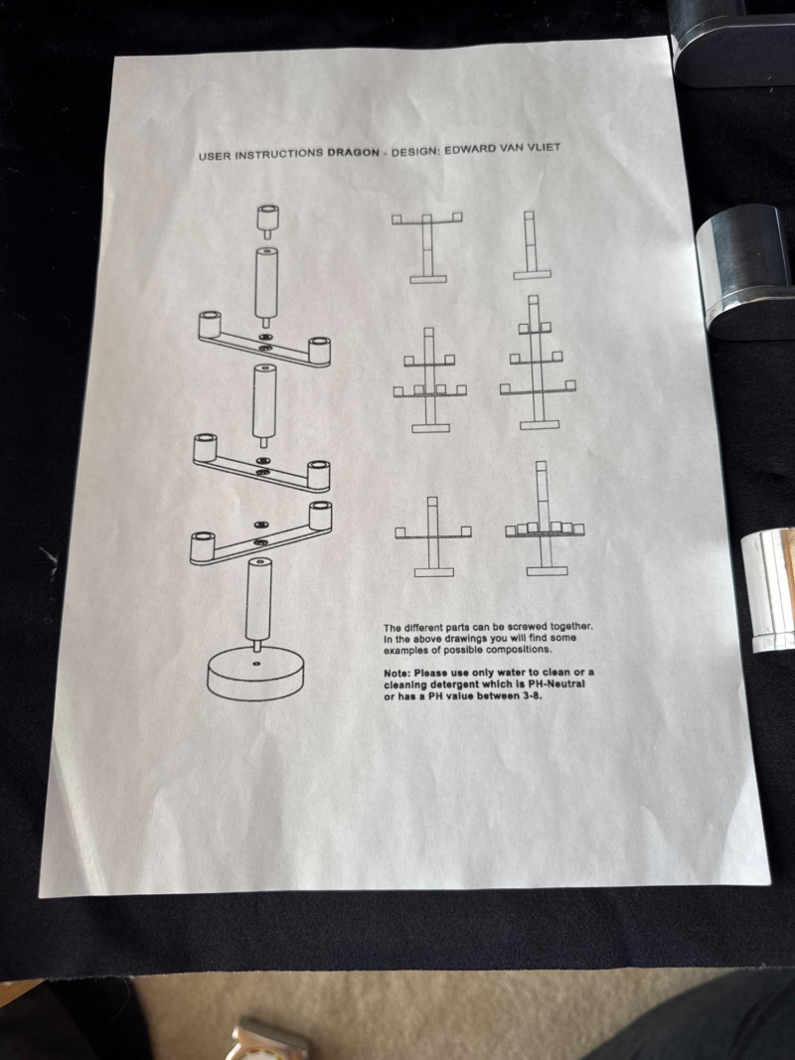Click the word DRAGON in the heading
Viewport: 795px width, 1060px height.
353,152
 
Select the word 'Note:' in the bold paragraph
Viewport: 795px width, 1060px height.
397,674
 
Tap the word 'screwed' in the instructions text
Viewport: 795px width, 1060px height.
527,627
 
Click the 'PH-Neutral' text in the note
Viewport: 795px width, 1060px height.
556,684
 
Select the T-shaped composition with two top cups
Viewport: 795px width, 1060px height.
427,247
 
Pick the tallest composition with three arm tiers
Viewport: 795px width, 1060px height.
538,363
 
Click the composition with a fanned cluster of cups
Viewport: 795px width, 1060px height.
545,519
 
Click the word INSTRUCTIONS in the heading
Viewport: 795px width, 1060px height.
278,154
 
